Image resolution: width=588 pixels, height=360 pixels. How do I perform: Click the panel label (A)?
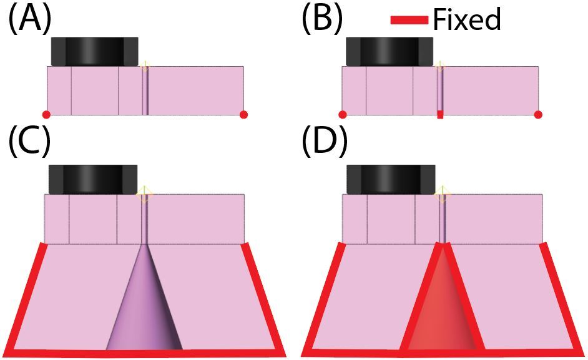click(x=29, y=20)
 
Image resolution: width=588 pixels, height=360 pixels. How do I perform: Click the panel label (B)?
click(x=322, y=20)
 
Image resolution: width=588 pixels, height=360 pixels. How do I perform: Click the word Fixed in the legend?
click(x=467, y=20)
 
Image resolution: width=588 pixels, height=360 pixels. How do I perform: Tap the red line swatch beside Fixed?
click(x=410, y=21)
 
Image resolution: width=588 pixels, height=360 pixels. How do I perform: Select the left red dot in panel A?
click(x=46, y=114)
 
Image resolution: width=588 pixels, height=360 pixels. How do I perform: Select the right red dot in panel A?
click(x=243, y=114)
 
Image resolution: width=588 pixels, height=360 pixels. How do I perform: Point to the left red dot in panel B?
click(x=342, y=114)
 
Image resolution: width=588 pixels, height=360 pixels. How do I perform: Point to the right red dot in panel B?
click(x=538, y=114)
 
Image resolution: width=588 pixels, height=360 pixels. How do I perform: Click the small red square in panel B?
click(x=440, y=114)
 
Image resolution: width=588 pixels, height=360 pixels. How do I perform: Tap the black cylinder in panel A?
click(x=94, y=51)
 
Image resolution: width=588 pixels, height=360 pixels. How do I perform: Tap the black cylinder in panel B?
click(x=390, y=51)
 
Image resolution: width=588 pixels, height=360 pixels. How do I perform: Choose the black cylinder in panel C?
click(x=92, y=179)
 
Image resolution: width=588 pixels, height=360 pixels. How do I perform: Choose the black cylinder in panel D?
click(x=390, y=179)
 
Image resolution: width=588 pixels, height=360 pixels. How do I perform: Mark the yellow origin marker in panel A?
click(x=145, y=65)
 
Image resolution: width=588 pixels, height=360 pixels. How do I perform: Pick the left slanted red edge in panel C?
click(x=27, y=296)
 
